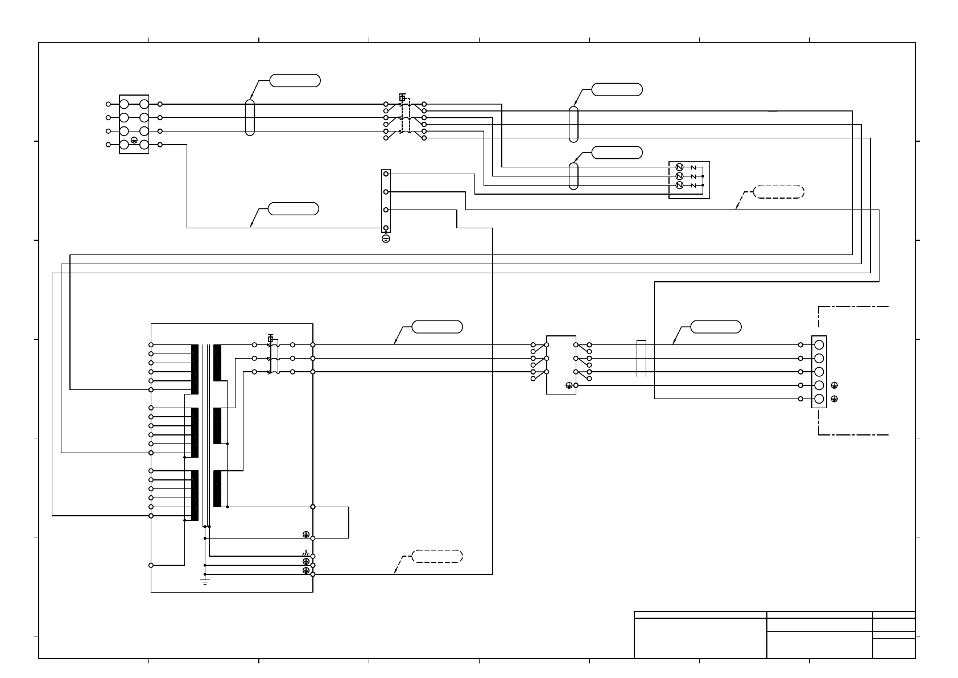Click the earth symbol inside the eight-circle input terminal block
click(134, 139)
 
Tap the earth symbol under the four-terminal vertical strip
click(386, 239)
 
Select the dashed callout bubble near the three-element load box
click(779, 192)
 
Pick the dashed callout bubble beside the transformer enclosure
click(436, 556)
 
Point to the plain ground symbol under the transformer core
click(205, 581)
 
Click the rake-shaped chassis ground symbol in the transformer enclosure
click(305, 553)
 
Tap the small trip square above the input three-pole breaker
click(402, 98)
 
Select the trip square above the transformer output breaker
click(271, 339)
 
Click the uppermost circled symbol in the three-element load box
click(679, 167)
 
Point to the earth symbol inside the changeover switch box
click(569, 385)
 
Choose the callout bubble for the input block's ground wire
click(293, 208)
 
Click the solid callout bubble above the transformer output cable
click(437, 327)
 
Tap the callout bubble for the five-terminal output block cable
click(716, 327)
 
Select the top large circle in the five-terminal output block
click(819, 345)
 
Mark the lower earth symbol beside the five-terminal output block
click(834, 399)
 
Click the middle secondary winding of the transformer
click(217, 426)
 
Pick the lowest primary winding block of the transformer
click(195, 495)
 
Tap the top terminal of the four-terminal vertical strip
click(386, 174)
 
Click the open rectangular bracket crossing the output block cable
click(641, 358)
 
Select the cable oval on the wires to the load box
click(573, 176)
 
